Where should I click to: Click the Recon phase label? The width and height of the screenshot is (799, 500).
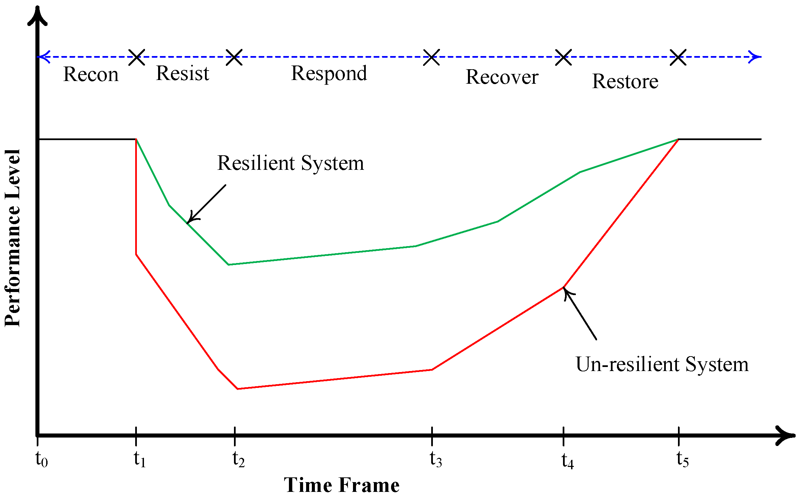click(x=91, y=74)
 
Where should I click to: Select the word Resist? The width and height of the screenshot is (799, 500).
click(x=182, y=73)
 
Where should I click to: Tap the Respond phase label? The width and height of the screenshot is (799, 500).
click(x=329, y=74)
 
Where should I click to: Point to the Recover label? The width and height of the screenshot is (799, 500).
click(x=502, y=77)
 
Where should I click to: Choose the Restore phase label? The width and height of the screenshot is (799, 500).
click(x=625, y=81)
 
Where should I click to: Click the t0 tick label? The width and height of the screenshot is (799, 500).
click(x=41, y=459)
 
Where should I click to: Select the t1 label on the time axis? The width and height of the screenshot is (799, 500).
click(x=140, y=459)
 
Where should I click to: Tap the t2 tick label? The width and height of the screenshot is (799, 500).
click(x=238, y=459)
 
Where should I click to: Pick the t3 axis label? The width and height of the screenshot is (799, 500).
click(x=436, y=459)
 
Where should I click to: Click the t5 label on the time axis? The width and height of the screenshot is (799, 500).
click(x=682, y=459)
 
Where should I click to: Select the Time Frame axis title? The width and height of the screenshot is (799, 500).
click(x=342, y=485)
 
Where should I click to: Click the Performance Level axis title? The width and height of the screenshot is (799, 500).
click(x=12, y=238)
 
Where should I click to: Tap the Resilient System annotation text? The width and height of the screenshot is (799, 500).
click(x=291, y=163)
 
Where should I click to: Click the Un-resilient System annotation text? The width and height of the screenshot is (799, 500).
click(x=662, y=364)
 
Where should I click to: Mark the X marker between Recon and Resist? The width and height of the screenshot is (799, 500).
click(x=137, y=57)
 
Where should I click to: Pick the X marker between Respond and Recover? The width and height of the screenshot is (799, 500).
click(x=432, y=57)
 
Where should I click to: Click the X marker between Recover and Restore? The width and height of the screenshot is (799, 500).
click(x=563, y=57)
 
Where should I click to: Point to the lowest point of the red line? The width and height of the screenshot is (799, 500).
click(x=238, y=389)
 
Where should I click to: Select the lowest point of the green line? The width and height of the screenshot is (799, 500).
click(x=229, y=265)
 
